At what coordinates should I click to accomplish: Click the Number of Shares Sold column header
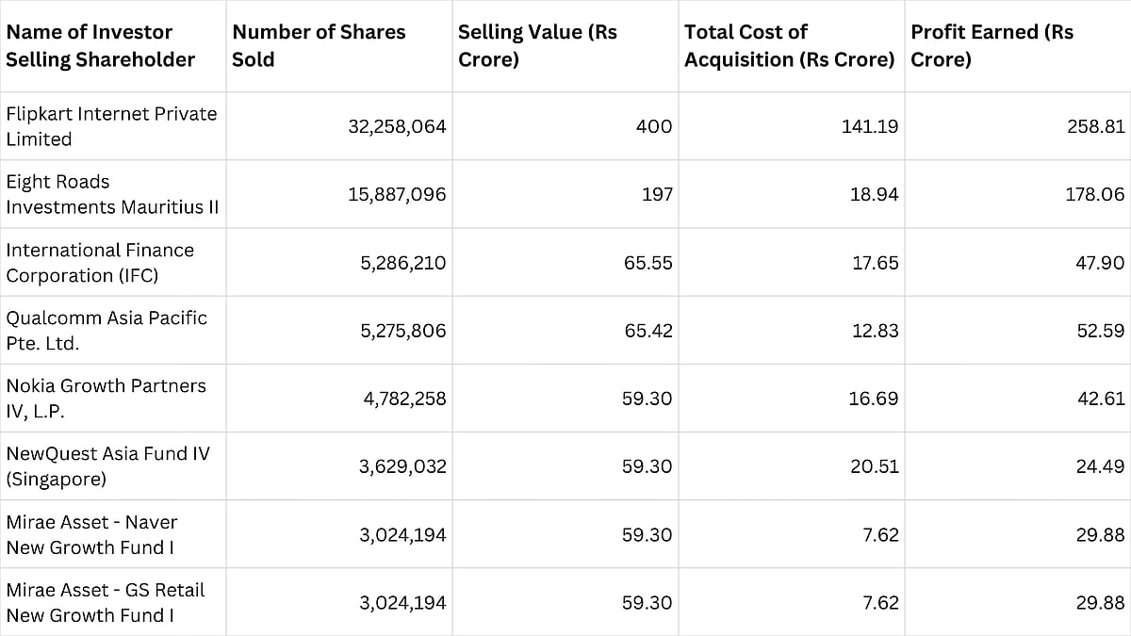tap(319, 45)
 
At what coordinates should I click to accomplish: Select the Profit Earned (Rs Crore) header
tap(992, 45)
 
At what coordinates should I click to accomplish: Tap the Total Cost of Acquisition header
tap(788, 45)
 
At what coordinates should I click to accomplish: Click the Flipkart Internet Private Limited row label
tap(111, 126)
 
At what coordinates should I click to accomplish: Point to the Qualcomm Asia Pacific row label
tap(107, 330)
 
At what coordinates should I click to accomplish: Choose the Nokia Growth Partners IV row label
tap(106, 399)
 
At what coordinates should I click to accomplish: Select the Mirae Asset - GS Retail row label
tap(106, 602)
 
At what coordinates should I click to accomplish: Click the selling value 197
tap(656, 194)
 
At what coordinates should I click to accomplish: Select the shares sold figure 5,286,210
tap(402, 263)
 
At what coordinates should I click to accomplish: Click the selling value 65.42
tap(647, 331)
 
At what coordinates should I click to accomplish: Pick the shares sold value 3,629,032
tap(402, 466)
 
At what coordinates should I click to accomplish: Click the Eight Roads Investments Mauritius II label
tap(111, 194)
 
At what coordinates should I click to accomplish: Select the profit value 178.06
tap(1096, 194)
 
